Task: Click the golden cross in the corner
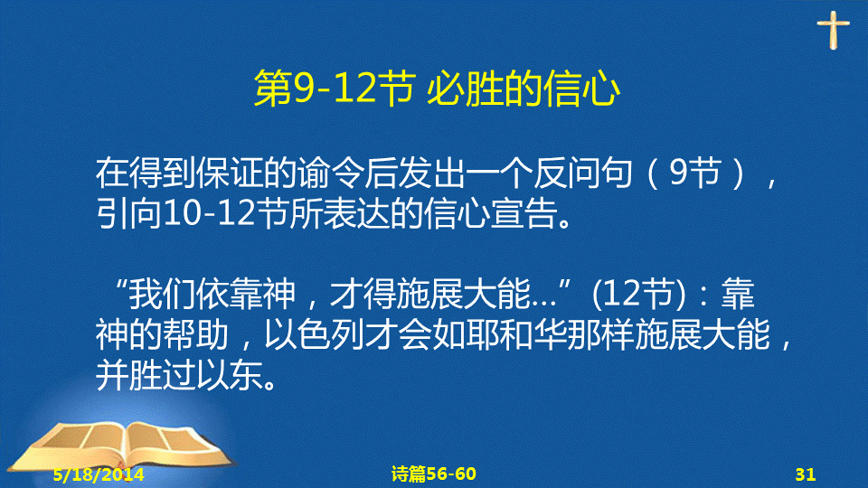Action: pyautogui.click(x=833, y=30)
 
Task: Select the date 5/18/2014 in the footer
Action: pyautogui.click(x=99, y=474)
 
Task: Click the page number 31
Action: pyautogui.click(x=806, y=474)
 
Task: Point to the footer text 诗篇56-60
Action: pyautogui.click(x=433, y=474)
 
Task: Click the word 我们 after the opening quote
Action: pyautogui.click(x=163, y=293)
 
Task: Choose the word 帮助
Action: pyautogui.click(x=195, y=334)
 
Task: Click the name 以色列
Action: pyautogui.click(x=314, y=334)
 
